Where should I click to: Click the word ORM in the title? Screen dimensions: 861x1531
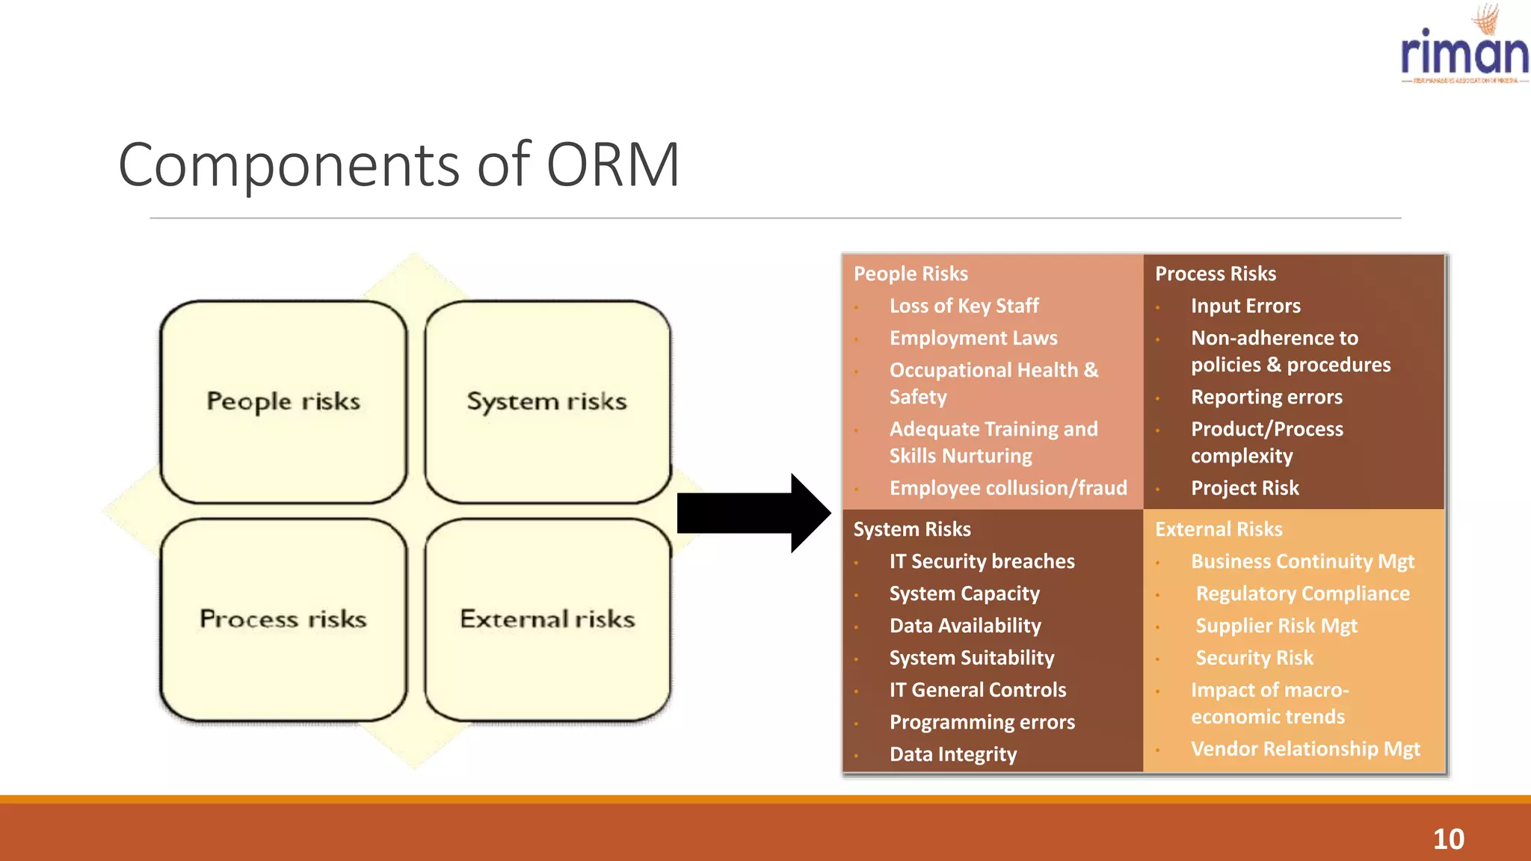point(612,164)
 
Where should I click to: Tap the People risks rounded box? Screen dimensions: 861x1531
point(283,402)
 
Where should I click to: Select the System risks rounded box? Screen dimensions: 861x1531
point(547,402)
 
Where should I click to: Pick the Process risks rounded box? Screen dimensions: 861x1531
point(283,620)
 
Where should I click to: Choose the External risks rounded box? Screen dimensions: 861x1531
point(547,620)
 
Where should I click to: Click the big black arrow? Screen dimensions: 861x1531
point(752,513)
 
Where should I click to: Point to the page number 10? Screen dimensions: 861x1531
point(1448,839)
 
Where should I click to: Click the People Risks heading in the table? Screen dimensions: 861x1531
point(911,274)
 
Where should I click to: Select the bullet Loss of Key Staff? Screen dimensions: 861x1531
point(964,306)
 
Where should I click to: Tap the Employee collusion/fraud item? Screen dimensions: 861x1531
point(1008,488)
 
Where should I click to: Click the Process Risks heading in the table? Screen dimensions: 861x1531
point(1215,274)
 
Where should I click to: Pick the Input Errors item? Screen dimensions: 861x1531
point(1245,306)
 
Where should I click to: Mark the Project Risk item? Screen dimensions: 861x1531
point(1245,488)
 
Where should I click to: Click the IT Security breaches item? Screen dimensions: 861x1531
point(982,561)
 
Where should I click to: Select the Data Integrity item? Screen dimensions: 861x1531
point(953,754)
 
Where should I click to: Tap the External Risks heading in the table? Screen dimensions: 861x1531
point(1219,529)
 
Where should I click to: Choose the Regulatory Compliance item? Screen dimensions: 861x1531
point(1302,593)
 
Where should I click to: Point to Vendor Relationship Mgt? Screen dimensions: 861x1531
point(1305,749)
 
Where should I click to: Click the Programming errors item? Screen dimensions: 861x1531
point(982,722)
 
